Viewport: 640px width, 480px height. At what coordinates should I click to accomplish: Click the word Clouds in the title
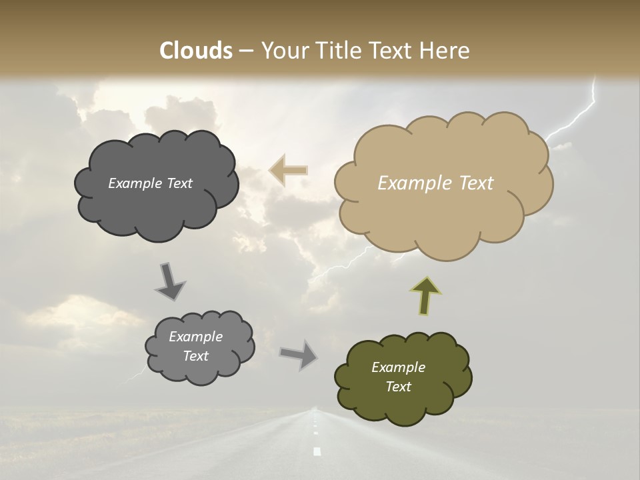tap(196, 51)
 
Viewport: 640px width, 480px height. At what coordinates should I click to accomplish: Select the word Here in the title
tap(445, 51)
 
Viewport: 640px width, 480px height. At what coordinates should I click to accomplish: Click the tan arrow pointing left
tap(288, 171)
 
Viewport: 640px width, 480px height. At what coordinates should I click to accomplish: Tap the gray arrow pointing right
tap(299, 354)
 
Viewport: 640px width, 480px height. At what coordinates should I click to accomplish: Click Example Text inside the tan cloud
tap(435, 183)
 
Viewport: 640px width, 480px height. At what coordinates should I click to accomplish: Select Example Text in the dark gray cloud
tap(150, 183)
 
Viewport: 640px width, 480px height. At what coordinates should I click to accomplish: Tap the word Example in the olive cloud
tap(398, 367)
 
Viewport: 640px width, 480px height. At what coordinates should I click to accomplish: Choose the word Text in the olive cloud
tap(398, 387)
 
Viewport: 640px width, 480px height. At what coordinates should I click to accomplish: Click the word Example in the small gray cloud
tap(195, 337)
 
